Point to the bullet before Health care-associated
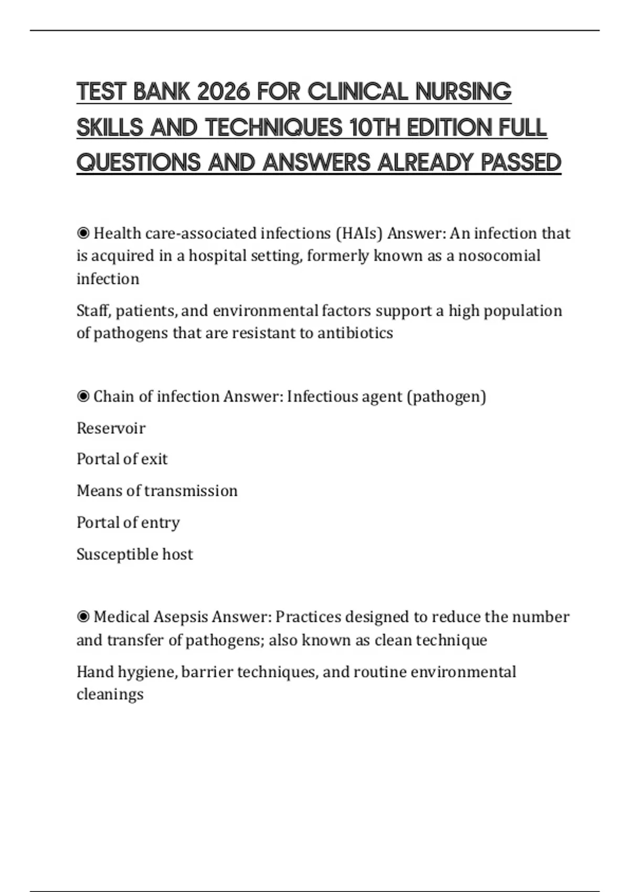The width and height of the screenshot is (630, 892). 83,233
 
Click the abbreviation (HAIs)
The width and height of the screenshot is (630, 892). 359,233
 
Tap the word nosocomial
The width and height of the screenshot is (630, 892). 499,256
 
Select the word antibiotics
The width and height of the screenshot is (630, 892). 355,333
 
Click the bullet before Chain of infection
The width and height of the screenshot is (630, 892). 83,396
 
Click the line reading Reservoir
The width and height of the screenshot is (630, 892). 111,428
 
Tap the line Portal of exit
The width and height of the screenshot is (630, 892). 122,459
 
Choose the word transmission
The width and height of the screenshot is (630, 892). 191,491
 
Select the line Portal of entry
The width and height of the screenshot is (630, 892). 128,523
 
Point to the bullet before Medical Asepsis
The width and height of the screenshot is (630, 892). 83,617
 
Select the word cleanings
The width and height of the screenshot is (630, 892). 110,694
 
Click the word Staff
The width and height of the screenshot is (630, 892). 93,311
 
